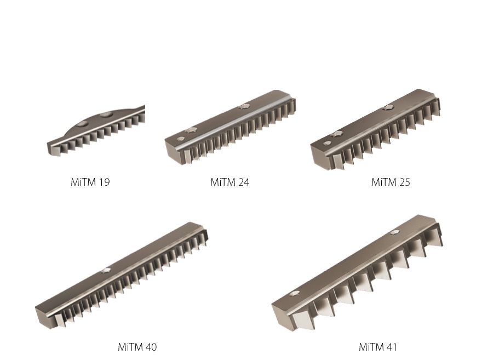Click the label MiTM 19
point(90,182)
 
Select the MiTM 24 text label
point(229,182)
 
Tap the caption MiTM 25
point(391,182)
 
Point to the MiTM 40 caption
point(137,347)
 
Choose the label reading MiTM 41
point(377,347)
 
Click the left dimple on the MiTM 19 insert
point(82,124)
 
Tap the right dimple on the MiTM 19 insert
point(106,115)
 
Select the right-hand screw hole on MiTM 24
point(244,106)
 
